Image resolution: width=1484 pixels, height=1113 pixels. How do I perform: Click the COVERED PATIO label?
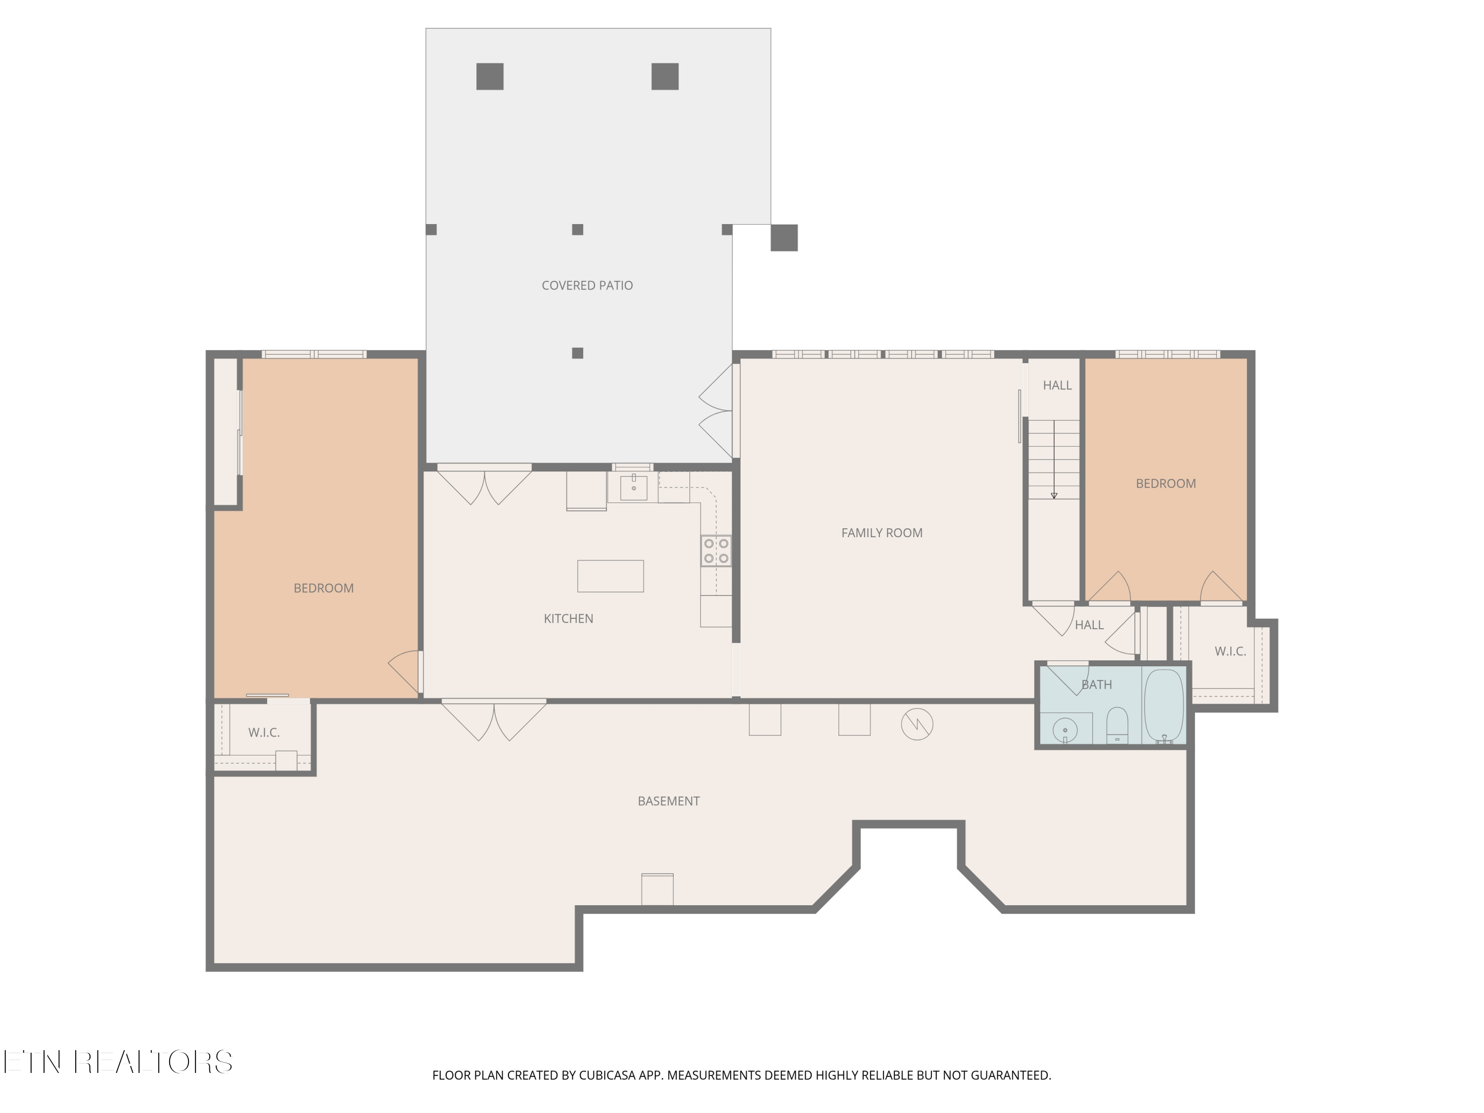(x=587, y=285)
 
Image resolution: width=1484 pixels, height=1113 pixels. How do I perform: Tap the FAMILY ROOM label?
(x=881, y=533)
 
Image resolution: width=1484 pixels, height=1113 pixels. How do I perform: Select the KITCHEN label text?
(x=568, y=618)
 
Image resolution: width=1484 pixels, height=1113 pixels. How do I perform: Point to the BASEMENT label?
(x=668, y=801)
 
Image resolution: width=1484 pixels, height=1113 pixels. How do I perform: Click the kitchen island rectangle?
(x=610, y=576)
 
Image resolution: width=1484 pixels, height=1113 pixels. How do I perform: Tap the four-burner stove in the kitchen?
(x=716, y=551)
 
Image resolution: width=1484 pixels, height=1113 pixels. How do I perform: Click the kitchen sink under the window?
(x=633, y=487)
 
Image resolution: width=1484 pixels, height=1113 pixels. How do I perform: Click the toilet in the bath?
(x=1117, y=725)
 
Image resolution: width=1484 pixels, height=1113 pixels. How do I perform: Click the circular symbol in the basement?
(x=917, y=725)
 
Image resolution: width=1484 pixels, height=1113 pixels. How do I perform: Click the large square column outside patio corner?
(x=784, y=237)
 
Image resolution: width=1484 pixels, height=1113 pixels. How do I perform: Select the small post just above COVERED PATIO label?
(x=577, y=230)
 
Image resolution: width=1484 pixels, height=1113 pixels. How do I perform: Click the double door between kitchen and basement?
(x=494, y=719)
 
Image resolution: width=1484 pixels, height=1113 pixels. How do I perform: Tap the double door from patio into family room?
(x=716, y=411)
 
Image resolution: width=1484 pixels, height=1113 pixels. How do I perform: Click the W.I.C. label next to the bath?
(x=1230, y=651)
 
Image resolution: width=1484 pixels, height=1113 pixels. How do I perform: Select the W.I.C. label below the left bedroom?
(x=264, y=733)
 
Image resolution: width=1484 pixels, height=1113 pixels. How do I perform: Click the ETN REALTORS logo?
(x=118, y=1062)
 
